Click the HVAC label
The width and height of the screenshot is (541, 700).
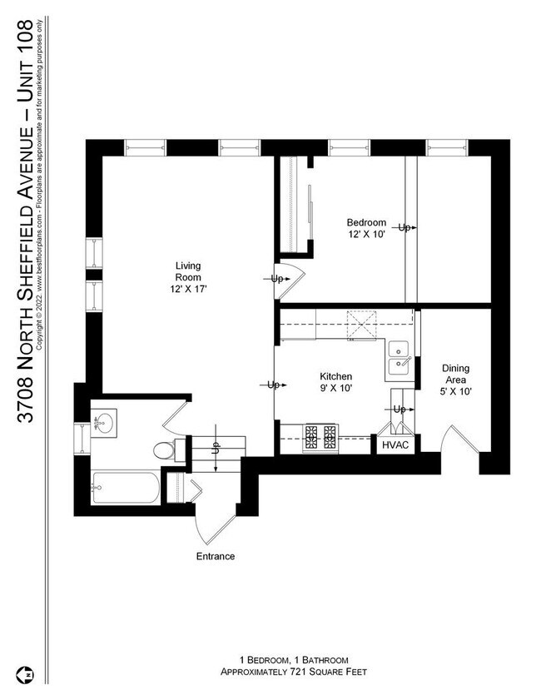click(396, 445)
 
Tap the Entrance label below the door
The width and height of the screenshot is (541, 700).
click(216, 556)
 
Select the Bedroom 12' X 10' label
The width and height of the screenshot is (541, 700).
click(366, 228)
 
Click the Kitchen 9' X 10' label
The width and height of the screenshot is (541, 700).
click(336, 382)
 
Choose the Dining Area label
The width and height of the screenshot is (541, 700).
click(455, 380)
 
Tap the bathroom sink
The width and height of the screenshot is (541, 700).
click(105, 424)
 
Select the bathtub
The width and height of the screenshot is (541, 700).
click(125, 489)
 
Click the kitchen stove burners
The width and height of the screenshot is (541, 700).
click(321, 436)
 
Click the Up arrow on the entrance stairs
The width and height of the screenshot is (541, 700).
click(215, 450)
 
